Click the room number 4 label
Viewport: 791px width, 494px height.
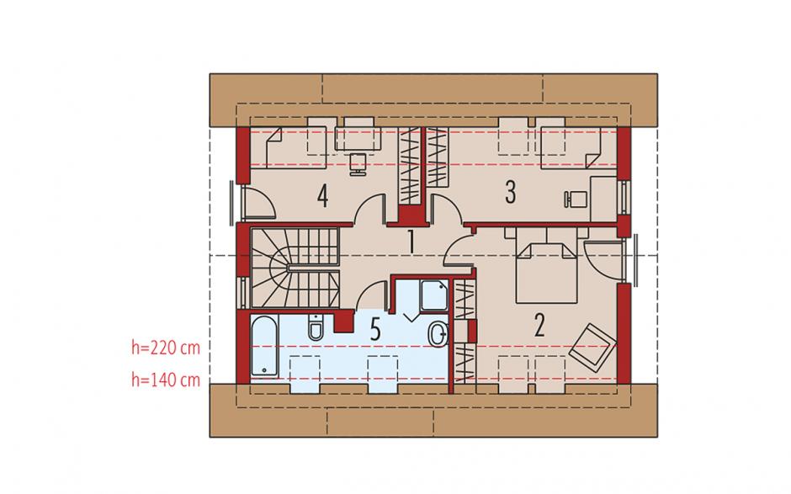(x=323, y=196)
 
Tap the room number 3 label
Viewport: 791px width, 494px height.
(x=511, y=192)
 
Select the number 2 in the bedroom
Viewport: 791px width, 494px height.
(x=539, y=326)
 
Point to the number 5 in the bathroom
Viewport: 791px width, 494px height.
(x=374, y=330)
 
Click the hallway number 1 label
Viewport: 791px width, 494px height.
(x=411, y=242)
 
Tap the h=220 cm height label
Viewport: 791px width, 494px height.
(x=166, y=348)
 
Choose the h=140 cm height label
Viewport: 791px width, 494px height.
(x=166, y=380)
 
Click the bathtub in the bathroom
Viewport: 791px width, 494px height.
(x=264, y=346)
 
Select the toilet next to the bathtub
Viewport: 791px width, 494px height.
(x=316, y=327)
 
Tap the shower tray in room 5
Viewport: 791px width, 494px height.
(x=434, y=295)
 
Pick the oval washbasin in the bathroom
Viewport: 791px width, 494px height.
(x=438, y=335)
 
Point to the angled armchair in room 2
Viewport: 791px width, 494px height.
(x=592, y=348)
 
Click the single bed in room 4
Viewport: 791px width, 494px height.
(x=288, y=148)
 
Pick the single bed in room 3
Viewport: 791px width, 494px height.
(x=579, y=148)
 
